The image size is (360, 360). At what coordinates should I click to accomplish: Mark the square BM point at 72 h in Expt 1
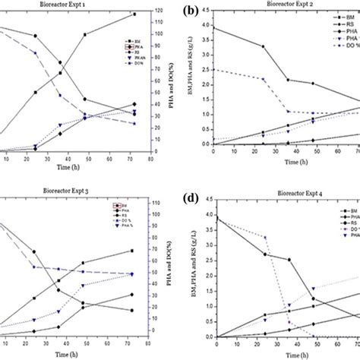(x=134, y=14)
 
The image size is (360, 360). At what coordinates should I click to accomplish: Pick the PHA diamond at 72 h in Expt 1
(x=134, y=104)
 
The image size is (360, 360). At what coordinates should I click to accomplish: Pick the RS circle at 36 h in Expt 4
(x=289, y=260)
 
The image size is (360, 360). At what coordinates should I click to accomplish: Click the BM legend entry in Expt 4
(x=348, y=209)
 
